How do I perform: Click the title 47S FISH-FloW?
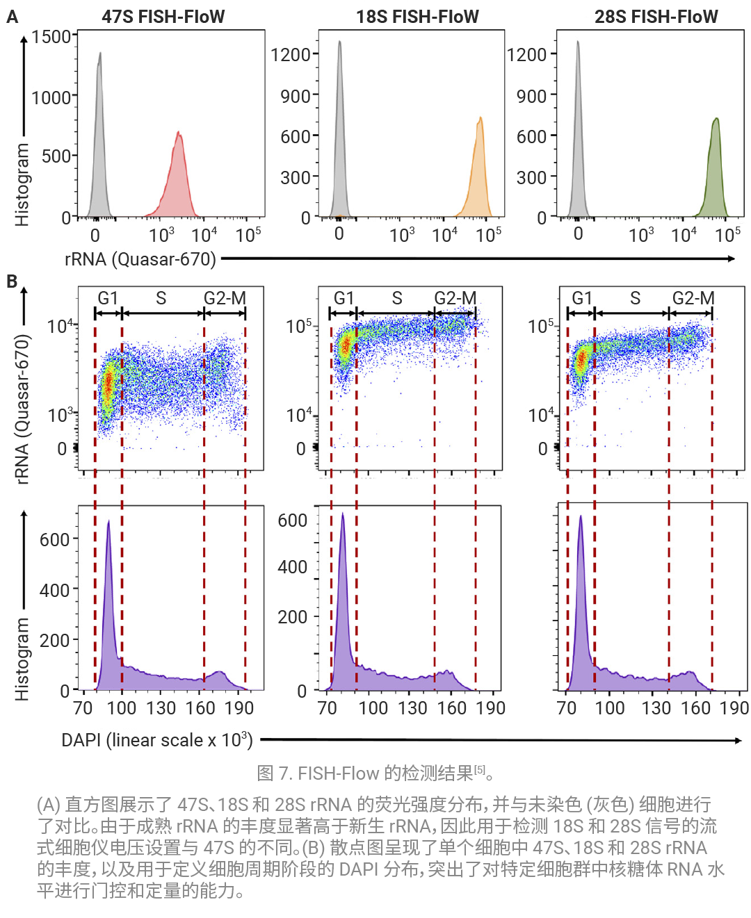click(163, 17)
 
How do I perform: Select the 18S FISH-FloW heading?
click(417, 17)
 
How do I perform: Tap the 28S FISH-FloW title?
click(656, 17)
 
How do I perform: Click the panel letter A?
click(12, 17)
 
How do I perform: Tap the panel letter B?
click(12, 281)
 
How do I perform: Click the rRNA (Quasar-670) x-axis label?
click(140, 259)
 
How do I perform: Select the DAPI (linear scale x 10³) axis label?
click(157, 740)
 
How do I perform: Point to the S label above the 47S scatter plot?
click(161, 298)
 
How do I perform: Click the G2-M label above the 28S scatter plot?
click(693, 298)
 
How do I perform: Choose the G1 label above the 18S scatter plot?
click(344, 298)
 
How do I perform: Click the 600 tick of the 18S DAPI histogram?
click(292, 521)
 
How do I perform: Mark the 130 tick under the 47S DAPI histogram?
click(161, 708)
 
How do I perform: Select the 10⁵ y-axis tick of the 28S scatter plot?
click(541, 326)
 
